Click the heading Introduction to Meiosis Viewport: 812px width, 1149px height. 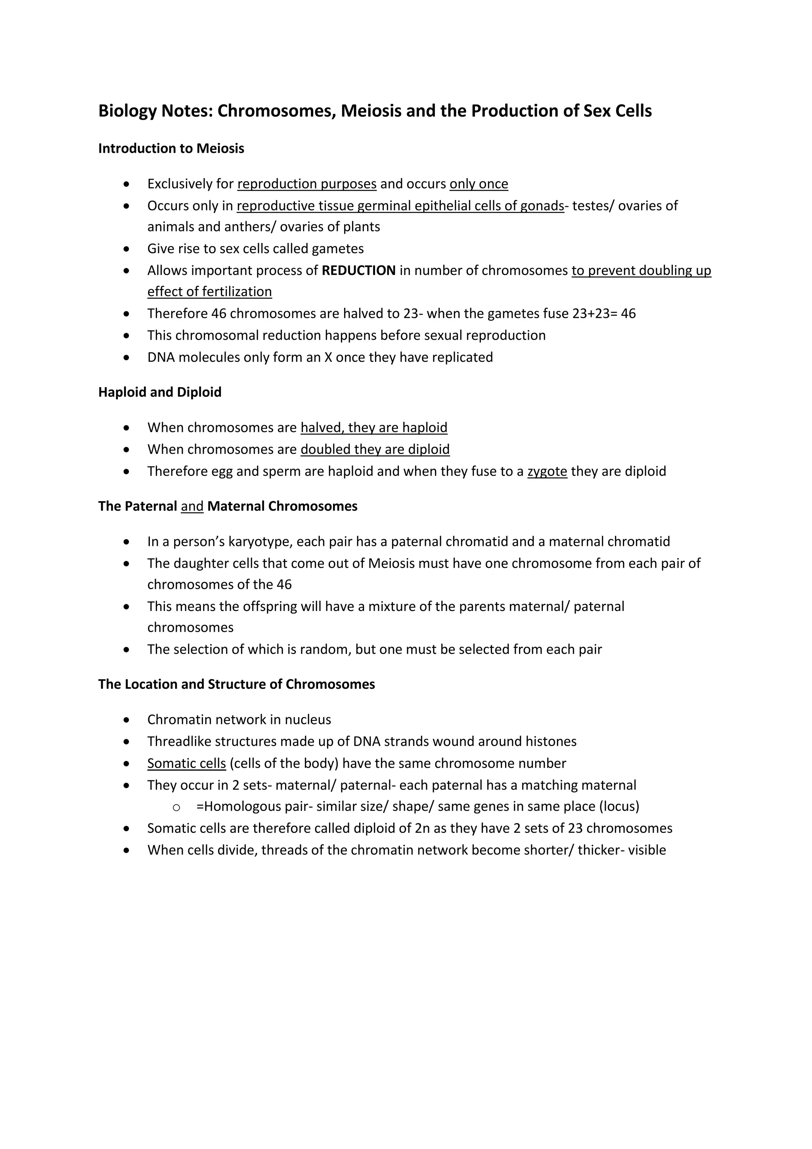[x=171, y=149]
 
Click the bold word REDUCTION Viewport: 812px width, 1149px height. [x=358, y=271]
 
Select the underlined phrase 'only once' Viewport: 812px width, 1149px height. [x=479, y=184]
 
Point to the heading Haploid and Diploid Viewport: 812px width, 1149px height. [x=159, y=392]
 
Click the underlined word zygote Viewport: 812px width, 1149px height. [x=547, y=471]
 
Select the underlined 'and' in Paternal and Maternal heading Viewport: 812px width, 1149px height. [x=192, y=506]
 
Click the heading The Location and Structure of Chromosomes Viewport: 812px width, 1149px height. [x=236, y=684]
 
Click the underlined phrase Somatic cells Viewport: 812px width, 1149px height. [x=186, y=764]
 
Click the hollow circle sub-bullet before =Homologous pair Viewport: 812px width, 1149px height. [x=176, y=807]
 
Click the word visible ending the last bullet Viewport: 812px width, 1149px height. [x=647, y=850]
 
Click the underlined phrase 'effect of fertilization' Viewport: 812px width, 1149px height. [x=209, y=292]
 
